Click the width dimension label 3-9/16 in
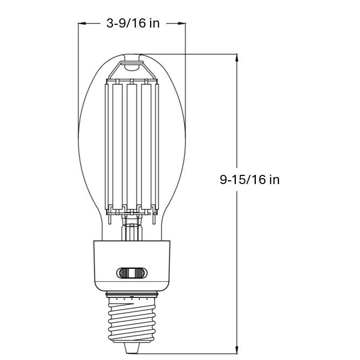point(133,23)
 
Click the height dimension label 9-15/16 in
point(249,180)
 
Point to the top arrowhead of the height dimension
point(237,58)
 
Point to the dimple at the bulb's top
point(132,57)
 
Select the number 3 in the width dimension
point(110,23)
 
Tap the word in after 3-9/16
point(154,23)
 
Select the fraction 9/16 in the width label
point(133,23)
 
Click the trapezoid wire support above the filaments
point(132,70)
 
